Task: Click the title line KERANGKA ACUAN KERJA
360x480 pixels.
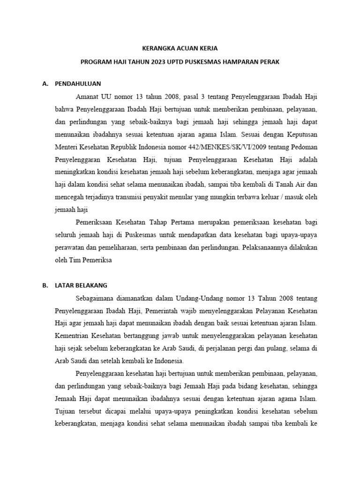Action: click(x=180, y=48)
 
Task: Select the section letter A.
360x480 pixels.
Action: click(x=45, y=84)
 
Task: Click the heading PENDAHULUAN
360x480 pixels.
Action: click(x=78, y=84)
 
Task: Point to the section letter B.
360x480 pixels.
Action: click(x=45, y=285)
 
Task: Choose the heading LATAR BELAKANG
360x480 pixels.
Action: click(x=81, y=285)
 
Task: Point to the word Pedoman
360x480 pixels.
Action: click(x=305, y=148)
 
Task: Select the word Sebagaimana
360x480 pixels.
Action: click(x=95, y=298)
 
